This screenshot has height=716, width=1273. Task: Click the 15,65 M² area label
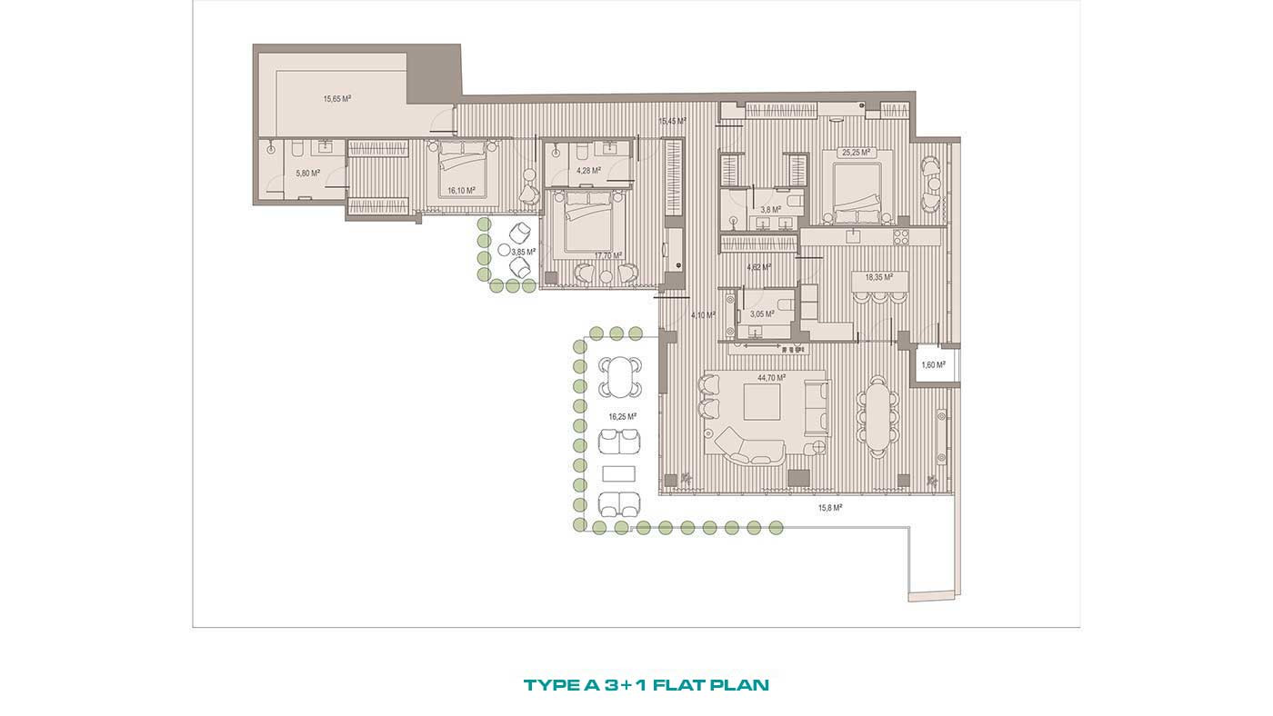click(337, 99)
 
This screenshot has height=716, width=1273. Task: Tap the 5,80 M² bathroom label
click(307, 174)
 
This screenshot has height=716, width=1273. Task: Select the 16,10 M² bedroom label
click(461, 191)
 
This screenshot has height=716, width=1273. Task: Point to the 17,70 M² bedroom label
click(608, 255)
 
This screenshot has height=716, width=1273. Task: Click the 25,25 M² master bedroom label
click(856, 153)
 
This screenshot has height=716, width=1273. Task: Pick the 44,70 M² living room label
click(771, 378)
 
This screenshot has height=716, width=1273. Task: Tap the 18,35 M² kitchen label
click(878, 278)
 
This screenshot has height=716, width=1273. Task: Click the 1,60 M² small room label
click(933, 365)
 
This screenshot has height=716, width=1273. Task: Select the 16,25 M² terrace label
click(622, 417)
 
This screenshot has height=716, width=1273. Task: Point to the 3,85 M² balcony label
click(524, 252)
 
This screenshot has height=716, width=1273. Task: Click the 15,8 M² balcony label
click(829, 508)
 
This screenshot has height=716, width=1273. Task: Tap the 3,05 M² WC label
click(762, 314)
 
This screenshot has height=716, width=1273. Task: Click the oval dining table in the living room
click(878, 416)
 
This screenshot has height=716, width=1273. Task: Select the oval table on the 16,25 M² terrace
click(619, 377)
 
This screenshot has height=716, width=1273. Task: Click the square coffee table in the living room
click(762, 402)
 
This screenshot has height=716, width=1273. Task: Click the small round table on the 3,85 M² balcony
click(504, 250)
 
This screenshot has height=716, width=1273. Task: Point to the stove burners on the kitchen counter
click(901, 237)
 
